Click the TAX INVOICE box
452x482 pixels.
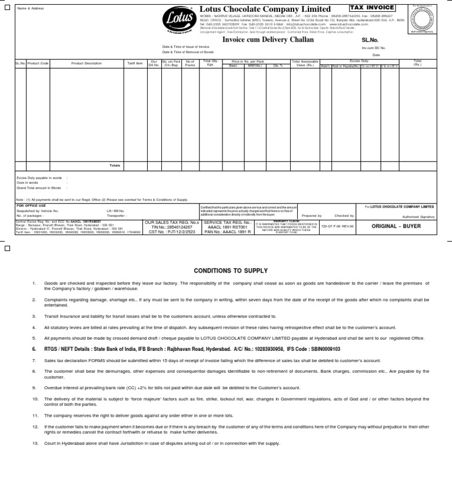(x=372, y=8)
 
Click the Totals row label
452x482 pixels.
(x=115, y=165)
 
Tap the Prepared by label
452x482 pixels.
(x=312, y=216)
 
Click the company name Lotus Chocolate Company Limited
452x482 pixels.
(x=265, y=9)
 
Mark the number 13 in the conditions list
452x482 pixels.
(x=35, y=443)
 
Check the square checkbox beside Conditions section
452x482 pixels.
(x=7, y=248)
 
